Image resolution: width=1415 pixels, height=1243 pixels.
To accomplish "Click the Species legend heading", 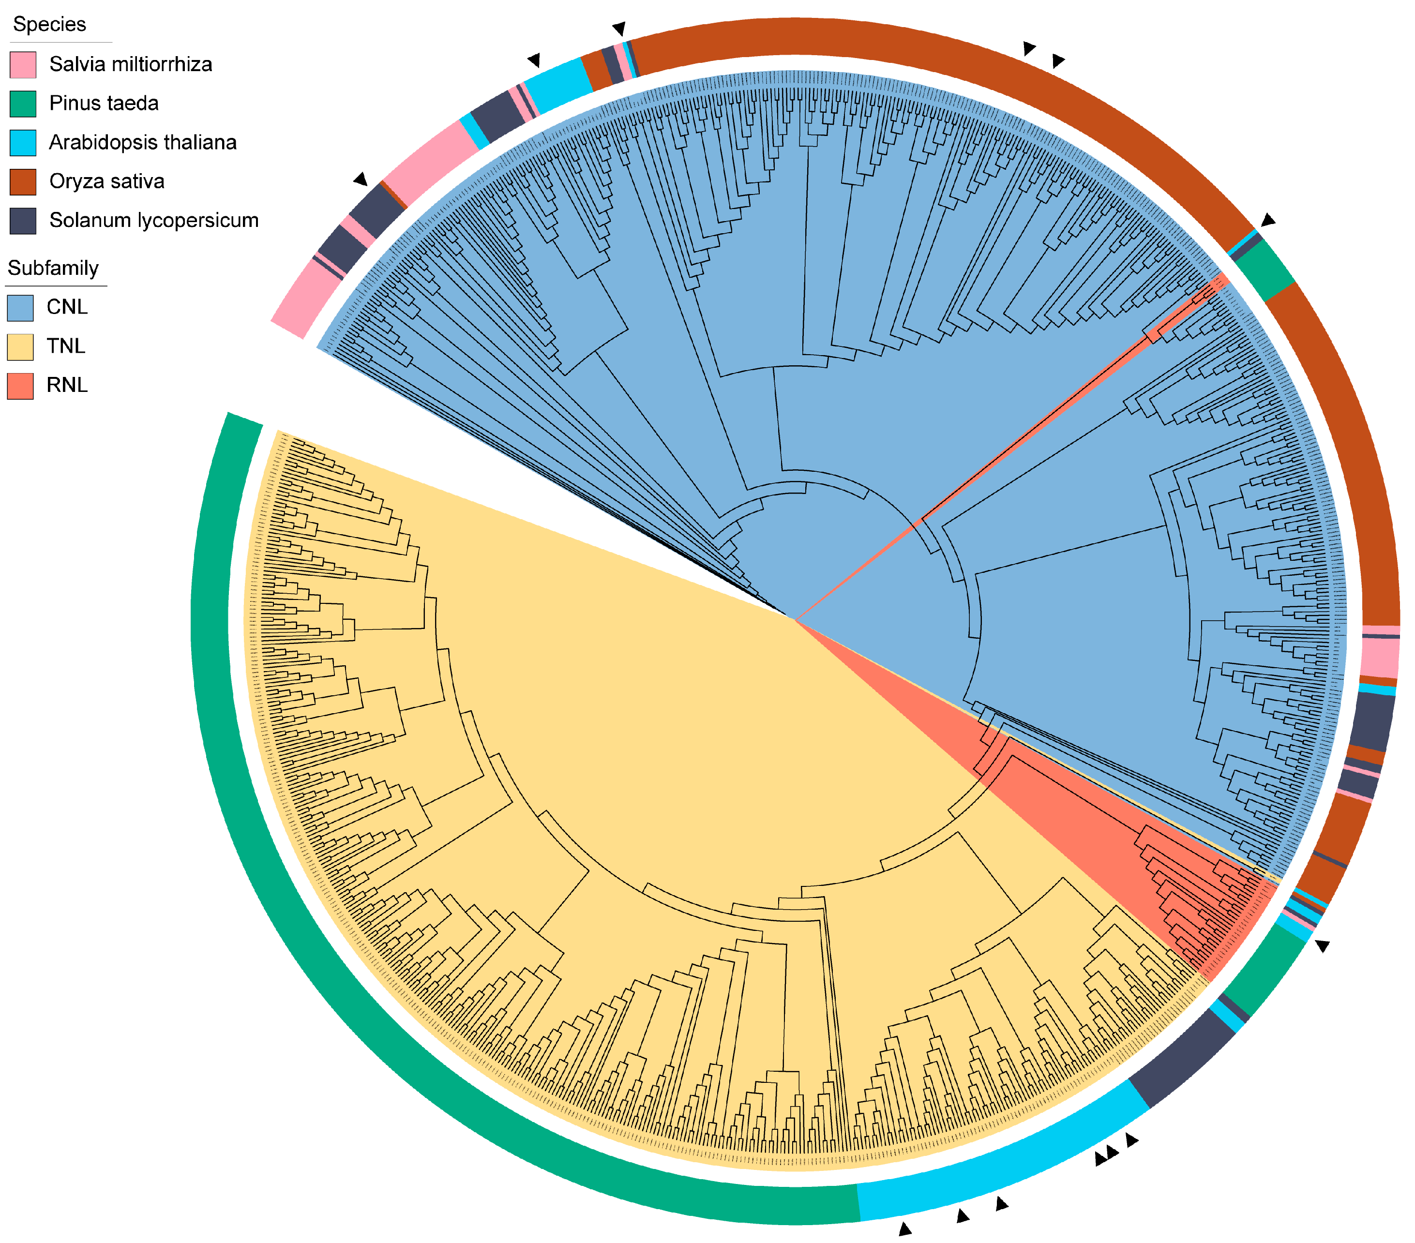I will [49, 24].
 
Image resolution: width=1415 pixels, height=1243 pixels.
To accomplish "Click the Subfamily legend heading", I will [53, 268].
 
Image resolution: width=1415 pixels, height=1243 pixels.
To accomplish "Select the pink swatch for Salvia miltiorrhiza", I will [23, 64].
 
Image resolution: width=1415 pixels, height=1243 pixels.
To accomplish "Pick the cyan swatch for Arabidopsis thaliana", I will [23, 143].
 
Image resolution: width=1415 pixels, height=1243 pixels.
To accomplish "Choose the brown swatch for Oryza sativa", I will [23, 181].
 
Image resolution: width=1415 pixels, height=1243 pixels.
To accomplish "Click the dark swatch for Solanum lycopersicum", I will [23, 221].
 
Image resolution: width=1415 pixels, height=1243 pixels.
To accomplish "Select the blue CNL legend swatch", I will [20, 307].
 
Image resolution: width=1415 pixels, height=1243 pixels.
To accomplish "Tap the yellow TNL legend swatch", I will [20, 346].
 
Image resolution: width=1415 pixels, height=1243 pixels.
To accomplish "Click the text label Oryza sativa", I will [106, 181].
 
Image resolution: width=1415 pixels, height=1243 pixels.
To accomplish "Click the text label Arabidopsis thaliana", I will [143, 143].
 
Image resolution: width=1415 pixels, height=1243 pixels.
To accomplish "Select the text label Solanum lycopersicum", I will [154, 221].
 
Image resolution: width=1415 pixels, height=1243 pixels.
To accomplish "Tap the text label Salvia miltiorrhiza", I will [130, 64].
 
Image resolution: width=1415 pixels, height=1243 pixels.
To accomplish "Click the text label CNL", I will [67, 307].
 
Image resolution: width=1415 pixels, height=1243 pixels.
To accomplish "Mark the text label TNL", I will [66, 346].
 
